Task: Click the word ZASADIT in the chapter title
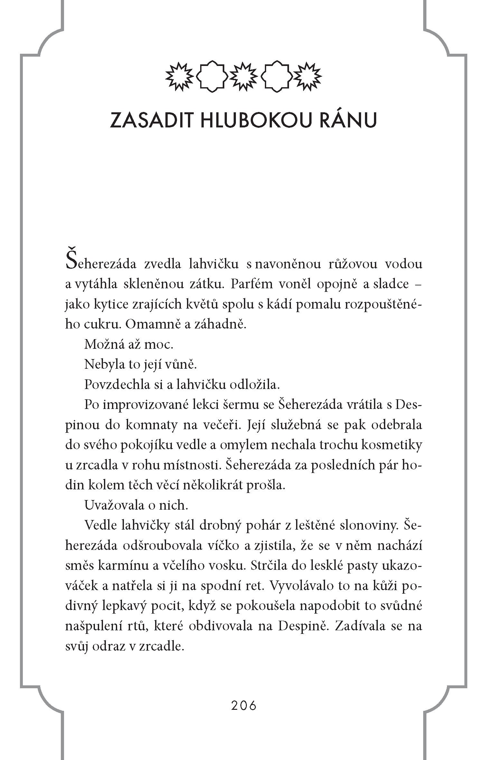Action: [x=151, y=121]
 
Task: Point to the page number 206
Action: [x=244, y=706]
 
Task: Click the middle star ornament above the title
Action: [x=244, y=76]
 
